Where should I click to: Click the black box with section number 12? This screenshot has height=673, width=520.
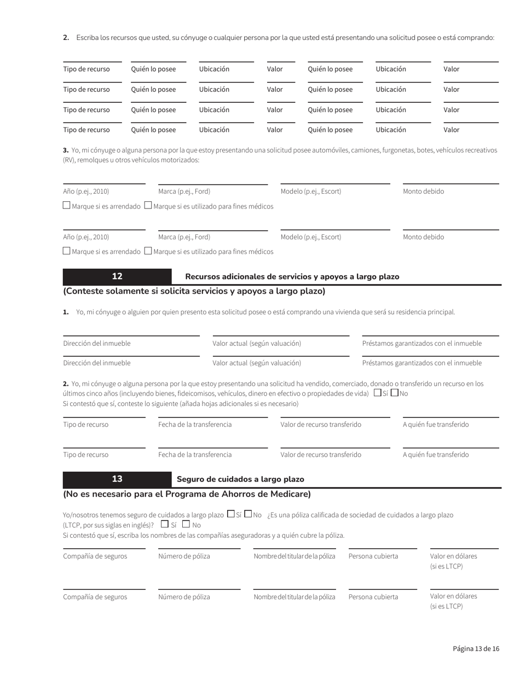117,276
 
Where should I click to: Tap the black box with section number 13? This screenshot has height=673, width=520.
117,479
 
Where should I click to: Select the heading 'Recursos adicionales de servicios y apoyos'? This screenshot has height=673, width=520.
292,277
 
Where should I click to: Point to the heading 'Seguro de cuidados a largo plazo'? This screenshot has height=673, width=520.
240,479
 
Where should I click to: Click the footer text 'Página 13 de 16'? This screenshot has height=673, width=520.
476,648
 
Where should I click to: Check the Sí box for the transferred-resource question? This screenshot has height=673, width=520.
377,393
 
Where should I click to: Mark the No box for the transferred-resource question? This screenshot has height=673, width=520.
395,393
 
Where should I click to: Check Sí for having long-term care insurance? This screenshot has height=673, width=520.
230,514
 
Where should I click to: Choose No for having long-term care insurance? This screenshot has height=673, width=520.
248,514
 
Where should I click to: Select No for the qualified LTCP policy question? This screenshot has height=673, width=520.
186,525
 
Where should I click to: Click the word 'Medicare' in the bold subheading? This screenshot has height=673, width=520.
291,494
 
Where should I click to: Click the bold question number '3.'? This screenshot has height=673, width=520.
66,150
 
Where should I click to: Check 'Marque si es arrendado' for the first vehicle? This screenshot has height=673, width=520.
66,206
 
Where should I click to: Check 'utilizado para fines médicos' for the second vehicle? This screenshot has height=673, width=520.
148,251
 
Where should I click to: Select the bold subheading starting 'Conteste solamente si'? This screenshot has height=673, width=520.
194,291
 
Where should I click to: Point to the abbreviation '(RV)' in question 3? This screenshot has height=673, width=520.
70,160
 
